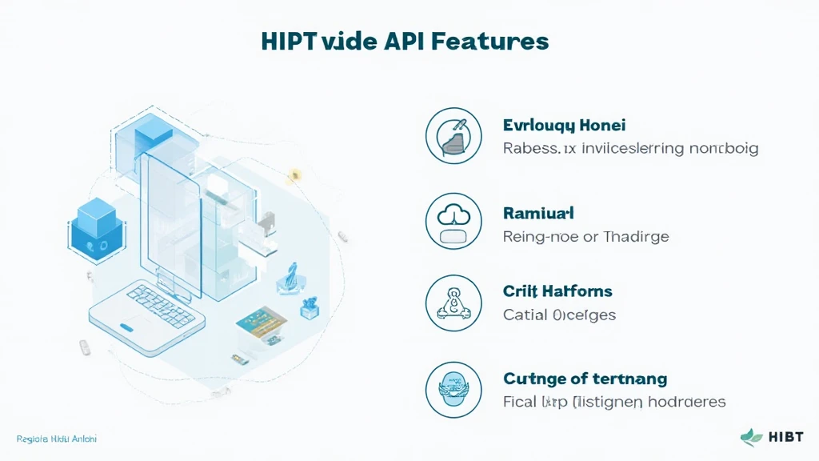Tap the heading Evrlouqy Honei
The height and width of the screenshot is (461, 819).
pos(564,126)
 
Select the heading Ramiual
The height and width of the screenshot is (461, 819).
pos(538,214)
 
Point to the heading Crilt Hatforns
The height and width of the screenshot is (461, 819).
pos(557,291)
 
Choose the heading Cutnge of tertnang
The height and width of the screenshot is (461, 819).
pos(585,379)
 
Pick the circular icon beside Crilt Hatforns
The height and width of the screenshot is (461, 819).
pos(453,303)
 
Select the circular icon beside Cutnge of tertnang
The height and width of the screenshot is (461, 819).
pos(453,390)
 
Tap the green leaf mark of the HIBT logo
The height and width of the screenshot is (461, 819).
pos(752,437)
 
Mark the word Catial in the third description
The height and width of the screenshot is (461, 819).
pos(524,315)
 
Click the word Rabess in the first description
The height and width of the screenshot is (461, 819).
pos(529,149)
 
